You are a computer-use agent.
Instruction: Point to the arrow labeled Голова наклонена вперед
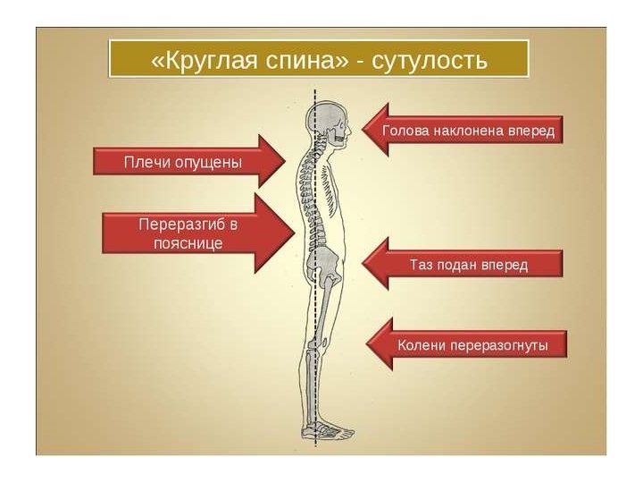click(464, 131)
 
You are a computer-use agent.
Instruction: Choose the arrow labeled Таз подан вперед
click(464, 265)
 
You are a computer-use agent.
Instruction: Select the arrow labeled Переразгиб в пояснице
click(196, 233)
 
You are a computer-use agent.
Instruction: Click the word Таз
click(423, 265)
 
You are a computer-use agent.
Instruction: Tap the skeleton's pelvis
click(322, 263)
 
